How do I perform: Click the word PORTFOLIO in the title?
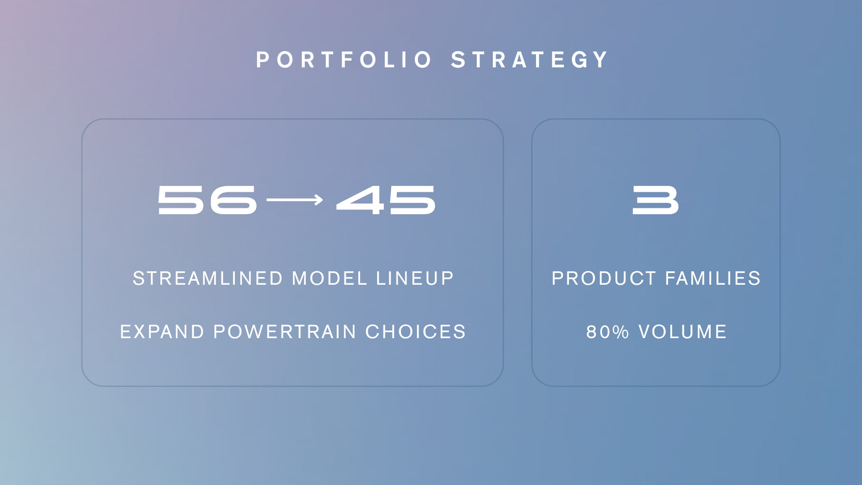[343, 60]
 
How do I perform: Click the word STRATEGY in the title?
[530, 60]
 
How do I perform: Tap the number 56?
[207, 200]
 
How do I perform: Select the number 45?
[386, 200]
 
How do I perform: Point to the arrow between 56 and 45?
[295, 200]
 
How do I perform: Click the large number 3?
[655, 200]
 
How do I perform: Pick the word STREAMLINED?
[208, 278]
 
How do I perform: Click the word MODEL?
[330, 278]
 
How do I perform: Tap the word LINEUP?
[415, 278]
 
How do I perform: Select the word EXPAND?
[162, 332]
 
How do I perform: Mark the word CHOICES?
[416, 332]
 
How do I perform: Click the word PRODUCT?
[604, 278]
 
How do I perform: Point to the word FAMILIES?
[713, 278]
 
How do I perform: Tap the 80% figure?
[607, 332]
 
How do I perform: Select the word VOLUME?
[682, 332]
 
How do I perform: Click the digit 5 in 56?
[180, 200]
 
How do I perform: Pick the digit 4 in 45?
[361, 200]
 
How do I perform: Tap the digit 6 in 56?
[233, 200]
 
